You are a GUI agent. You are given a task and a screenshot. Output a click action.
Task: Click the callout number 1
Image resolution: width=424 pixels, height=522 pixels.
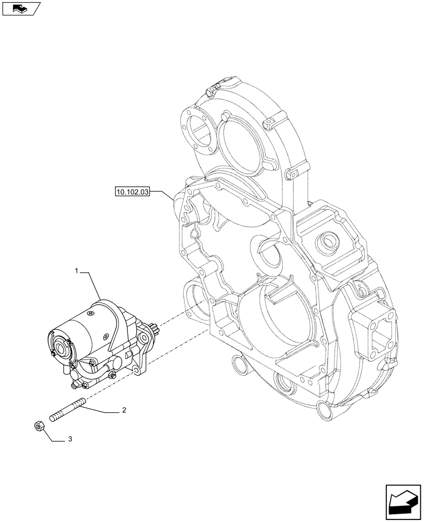77,271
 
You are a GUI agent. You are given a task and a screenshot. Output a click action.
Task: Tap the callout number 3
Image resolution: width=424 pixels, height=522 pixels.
70,440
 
